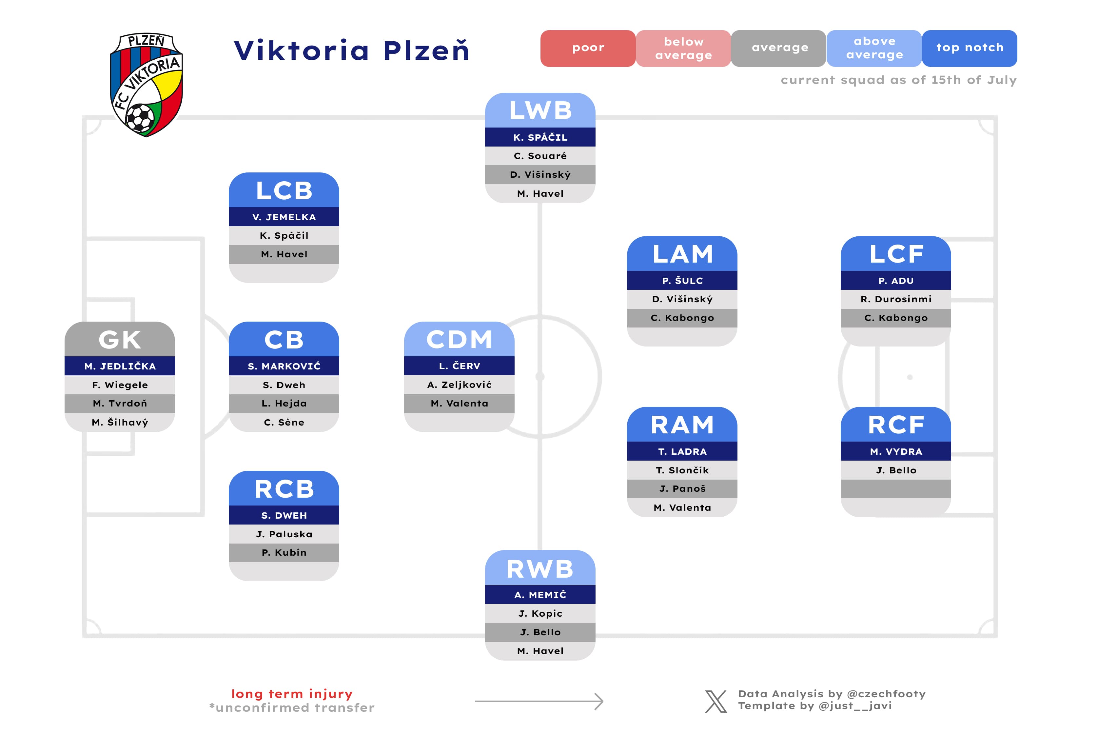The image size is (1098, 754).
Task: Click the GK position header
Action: (120, 339)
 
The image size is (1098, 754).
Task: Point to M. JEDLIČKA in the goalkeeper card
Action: (120, 366)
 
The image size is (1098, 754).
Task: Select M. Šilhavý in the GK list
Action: (120, 422)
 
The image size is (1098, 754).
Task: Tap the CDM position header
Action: (459, 339)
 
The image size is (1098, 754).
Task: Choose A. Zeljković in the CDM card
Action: (459, 385)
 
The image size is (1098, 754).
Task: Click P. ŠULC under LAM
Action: (682, 281)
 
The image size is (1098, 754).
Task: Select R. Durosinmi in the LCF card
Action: (896, 299)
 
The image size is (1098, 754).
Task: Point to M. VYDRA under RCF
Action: (896, 452)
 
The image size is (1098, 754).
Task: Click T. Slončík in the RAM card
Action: (682, 470)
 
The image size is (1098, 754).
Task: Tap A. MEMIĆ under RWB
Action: (540, 595)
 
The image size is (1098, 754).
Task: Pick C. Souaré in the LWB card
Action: (540, 156)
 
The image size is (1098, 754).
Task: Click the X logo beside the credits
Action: (716, 701)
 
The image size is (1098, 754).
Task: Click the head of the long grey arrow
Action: (599, 702)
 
